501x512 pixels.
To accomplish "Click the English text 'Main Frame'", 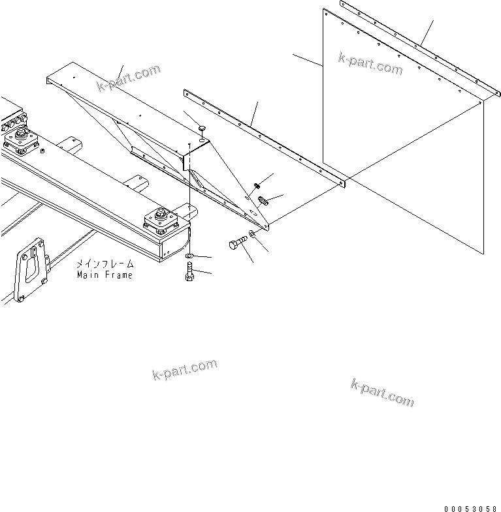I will point(104,275).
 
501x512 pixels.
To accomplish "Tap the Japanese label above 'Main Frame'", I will point(104,264).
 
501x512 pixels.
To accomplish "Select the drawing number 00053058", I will point(470,507).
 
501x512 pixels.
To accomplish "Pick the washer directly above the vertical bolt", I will point(189,254).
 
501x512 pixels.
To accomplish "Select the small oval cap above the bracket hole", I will point(202,127).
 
